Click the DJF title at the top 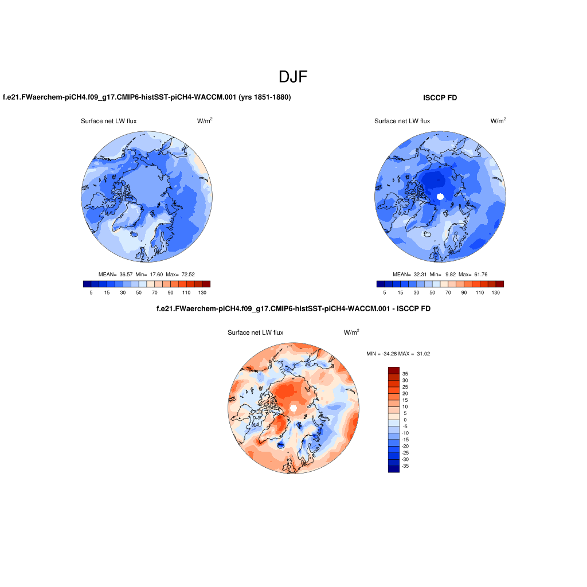click(293, 77)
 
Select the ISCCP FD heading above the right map click(440, 98)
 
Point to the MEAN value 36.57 click(126, 275)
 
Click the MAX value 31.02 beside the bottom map click(422, 354)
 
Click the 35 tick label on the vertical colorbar click(405, 373)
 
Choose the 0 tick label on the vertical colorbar click(405, 420)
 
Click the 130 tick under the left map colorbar click(202, 293)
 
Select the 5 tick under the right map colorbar click(385, 293)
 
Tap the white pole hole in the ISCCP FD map click(440, 196)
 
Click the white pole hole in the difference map click(293, 408)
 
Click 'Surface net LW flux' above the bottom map click(255, 332)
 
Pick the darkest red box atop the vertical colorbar click(393, 370)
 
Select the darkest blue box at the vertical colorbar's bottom click(393, 469)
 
